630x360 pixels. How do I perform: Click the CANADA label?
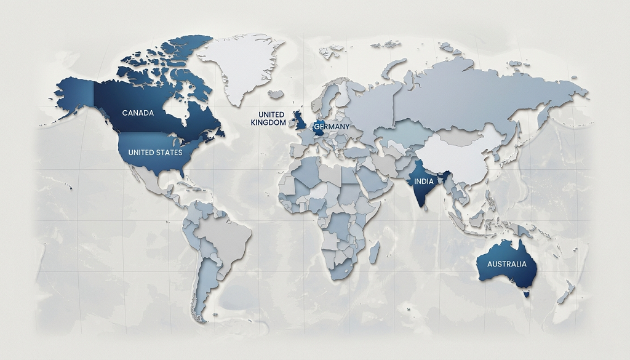pos(138,113)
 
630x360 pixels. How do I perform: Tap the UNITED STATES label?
pos(155,152)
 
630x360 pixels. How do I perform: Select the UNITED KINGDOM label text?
pos(268,119)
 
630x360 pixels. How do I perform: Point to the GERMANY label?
pos(332,127)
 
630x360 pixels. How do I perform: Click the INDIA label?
pos(423,182)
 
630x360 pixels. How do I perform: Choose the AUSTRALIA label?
pos(507,264)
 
